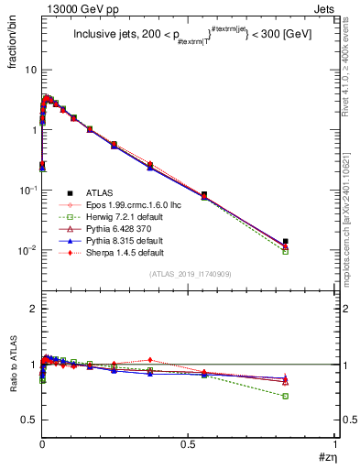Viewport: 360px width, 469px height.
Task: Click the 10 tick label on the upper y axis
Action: pyautogui.click(x=30, y=70)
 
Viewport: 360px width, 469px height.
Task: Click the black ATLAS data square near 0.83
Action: pyautogui.click(x=286, y=242)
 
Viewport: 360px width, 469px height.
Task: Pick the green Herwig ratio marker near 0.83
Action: pyautogui.click(x=286, y=396)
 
